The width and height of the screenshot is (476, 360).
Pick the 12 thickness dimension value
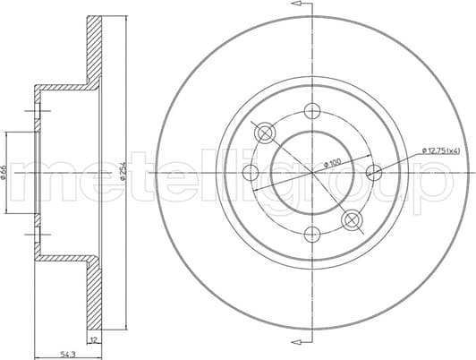point(92,340)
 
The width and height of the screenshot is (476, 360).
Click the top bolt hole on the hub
point(312,111)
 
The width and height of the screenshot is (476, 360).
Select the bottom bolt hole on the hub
point(312,235)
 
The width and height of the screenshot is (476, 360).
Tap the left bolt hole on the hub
point(251,173)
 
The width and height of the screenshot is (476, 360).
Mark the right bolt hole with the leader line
point(374,173)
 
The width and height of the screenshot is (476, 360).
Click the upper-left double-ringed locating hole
point(267,133)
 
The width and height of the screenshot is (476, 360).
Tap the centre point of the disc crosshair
point(312,173)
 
